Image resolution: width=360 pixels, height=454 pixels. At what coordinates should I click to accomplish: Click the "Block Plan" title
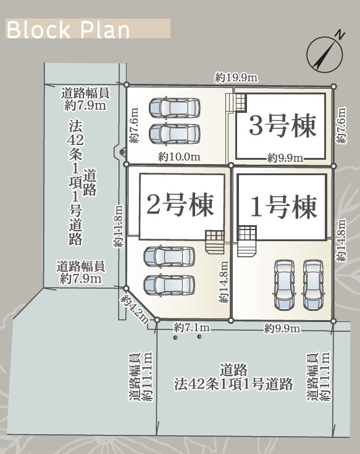pos(68,30)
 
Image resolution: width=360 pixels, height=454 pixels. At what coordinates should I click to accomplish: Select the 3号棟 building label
pos(283,126)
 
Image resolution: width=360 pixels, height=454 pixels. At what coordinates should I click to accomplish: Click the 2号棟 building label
pos(180,205)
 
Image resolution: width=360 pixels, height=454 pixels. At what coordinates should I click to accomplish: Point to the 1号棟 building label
pos(283,207)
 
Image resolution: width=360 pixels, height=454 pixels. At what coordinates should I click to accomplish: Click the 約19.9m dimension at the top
pos(237,78)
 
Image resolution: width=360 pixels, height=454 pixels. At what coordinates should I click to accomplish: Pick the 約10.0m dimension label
pos(179,157)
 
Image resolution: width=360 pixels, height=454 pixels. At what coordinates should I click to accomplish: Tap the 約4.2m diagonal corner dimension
pos(135,309)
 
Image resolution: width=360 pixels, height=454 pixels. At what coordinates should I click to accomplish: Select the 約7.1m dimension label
pos(192,328)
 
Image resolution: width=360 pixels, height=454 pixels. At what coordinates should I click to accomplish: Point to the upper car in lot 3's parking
pos(175,108)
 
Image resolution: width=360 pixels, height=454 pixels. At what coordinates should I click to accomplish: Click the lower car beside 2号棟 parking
pos(169,285)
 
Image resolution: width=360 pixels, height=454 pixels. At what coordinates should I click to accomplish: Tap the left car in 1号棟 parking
pos(284,284)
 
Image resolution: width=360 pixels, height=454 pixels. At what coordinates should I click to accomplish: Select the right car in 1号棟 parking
pos(312,284)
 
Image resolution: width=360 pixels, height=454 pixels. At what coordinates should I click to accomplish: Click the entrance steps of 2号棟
pos(215,242)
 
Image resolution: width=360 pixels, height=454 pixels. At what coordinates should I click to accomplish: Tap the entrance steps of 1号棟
pos(247,241)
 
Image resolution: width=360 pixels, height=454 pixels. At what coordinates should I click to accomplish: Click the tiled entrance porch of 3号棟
pos(241,102)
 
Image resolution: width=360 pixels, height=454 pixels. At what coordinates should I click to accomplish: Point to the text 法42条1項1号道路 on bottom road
pos(233,384)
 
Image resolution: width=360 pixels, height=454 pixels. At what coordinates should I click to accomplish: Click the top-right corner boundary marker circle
pos(333,86)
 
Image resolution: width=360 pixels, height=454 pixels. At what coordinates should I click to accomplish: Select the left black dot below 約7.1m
pos(175,337)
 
